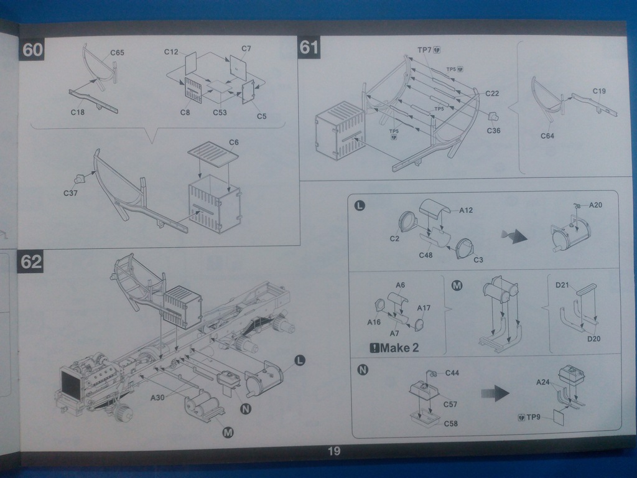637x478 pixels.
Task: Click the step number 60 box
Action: [32, 50]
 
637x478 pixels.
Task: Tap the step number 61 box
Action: [309, 47]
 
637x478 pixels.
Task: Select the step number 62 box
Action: [31, 261]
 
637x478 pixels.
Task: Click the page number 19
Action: [334, 451]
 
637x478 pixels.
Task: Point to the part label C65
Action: [117, 53]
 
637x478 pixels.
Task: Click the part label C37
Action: [70, 193]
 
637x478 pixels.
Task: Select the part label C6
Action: [233, 143]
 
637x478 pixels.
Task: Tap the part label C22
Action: [492, 93]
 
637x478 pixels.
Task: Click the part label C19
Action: [599, 91]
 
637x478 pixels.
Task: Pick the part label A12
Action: [466, 210]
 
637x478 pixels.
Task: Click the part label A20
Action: [595, 205]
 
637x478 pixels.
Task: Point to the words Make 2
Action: [394, 347]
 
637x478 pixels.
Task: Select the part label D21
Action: [562, 285]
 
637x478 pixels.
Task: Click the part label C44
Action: [452, 373]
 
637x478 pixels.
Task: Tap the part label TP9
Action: [533, 417]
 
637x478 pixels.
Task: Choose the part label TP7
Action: [425, 49]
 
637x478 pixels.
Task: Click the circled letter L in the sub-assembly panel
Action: [360, 205]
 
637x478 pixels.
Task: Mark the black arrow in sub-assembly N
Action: [495, 393]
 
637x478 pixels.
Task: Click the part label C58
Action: [451, 423]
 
